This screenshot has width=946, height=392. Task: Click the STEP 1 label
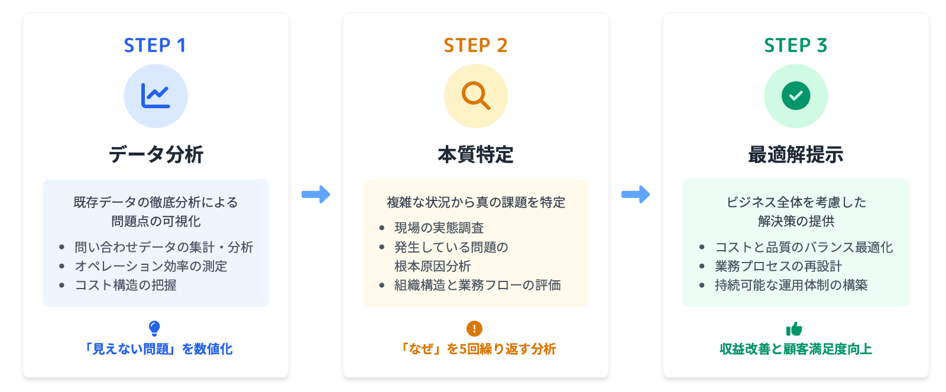[x=155, y=45]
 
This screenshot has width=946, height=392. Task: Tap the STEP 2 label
[x=475, y=45]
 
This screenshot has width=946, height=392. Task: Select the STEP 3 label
[x=795, y=45]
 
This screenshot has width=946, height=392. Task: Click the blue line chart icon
[x=155, y=96]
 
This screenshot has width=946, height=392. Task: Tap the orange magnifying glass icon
[x=475, y=96]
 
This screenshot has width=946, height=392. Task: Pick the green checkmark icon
[x=796, y=96]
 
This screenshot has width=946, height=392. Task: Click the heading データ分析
[x=156, y=154]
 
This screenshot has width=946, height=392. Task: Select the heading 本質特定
[x=475, y=154]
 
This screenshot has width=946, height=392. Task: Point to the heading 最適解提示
[x=796, y=154]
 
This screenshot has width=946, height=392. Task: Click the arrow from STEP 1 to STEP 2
[x=316, y=194]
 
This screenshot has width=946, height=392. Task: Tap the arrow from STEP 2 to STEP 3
[x=636, y=194]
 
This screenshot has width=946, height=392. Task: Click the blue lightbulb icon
[x=154, y=328]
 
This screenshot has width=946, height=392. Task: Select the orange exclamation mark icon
[x=474, y=328]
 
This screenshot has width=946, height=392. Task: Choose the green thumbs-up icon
[x=794, y=328]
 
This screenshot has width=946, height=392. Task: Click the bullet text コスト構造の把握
[x=125, y=285]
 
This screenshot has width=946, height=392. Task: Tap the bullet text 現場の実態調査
[x=439, y=228]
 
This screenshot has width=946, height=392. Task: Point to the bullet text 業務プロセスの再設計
[x=778, y=266]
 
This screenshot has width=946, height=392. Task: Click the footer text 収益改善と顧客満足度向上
[x=796, y=349]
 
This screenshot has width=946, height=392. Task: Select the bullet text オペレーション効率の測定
[x=151, y=266]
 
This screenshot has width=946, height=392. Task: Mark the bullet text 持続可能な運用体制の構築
[x=791, y=285]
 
